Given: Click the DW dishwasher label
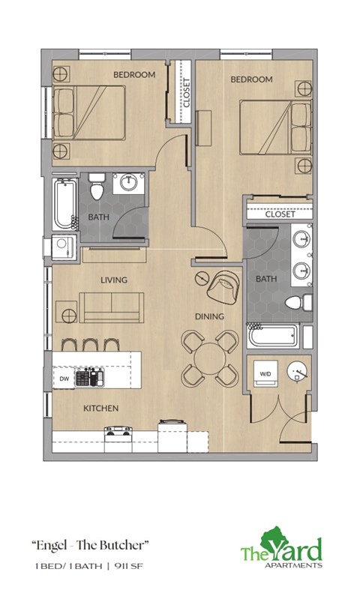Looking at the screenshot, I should coord(64,379).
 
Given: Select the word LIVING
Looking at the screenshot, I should coord(114,280).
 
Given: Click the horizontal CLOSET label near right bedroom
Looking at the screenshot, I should coord(280,214).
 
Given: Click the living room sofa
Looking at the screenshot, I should coord(112,305).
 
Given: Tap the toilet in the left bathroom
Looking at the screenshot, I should coord(96,185).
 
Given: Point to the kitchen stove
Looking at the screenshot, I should coord(118,431).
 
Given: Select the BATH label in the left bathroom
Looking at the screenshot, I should coord(97,217).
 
